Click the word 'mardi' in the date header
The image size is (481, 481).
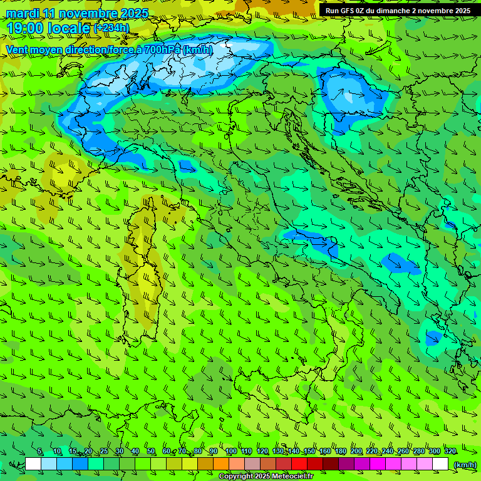coord(23,13)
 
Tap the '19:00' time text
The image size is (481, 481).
coord(26,28)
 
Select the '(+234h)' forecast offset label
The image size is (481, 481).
coord(111,28)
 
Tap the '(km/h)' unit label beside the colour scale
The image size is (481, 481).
coord(464,464)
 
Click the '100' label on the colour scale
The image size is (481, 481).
coord(231,452)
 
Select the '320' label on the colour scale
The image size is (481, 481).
coord(450,452)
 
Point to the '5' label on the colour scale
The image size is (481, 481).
coord(40,452)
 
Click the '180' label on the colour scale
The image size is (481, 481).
coord(340,452)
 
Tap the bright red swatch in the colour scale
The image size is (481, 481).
coord(299,464)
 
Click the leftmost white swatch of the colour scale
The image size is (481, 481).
coord(33,464)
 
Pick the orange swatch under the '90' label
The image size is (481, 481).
coord(221,464)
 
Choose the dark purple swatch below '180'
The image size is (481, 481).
coord(346,464)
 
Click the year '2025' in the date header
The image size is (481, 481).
coord(134,13)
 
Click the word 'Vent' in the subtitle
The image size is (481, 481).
coord(18,49)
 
